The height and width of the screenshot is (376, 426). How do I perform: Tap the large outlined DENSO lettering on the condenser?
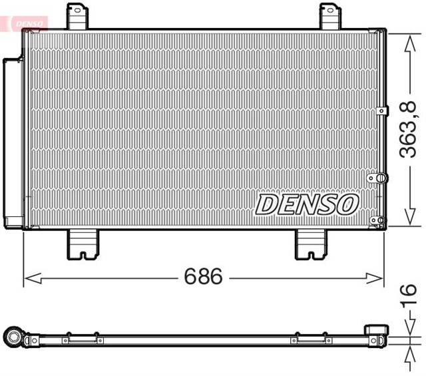click(307, 204)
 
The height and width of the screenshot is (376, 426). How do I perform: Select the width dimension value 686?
click(203, 277)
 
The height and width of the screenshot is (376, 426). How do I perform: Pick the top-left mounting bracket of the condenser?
click(77, 16)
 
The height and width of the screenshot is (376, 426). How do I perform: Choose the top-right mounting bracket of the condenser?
click(329, 16)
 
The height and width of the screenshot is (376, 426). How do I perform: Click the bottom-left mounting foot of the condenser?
click(83, 244)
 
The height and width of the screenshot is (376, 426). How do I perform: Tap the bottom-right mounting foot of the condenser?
click(310, 244)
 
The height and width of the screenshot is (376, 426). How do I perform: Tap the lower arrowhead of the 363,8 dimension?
click(407, 222)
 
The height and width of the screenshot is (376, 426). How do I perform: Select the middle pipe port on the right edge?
click(378, 178)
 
